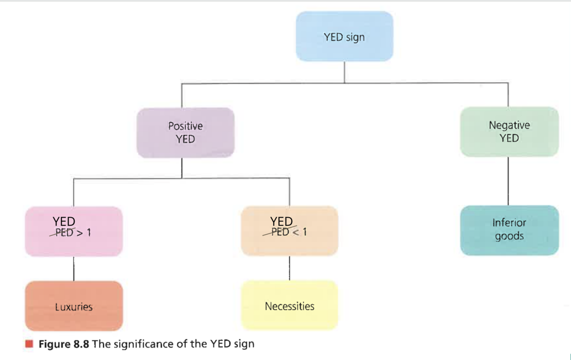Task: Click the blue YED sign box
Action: (344, 36)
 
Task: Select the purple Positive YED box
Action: (185, 133)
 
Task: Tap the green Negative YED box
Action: (509, 132)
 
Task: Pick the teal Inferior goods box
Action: (509, 230)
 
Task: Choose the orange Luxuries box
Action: (74, 306)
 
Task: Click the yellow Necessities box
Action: (289, 305)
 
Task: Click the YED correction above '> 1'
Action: (64, 221)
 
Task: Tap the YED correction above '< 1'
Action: (281, 221)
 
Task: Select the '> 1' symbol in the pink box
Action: (84, 233)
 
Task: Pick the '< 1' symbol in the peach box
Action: (300, 232)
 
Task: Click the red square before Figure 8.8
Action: (29, 344)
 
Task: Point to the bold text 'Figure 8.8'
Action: (64, 344)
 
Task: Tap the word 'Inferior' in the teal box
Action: (509, 223)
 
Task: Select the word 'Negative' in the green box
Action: (509, 125)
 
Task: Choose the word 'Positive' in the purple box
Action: (185, 126)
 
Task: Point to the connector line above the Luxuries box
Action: (74, 268)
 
